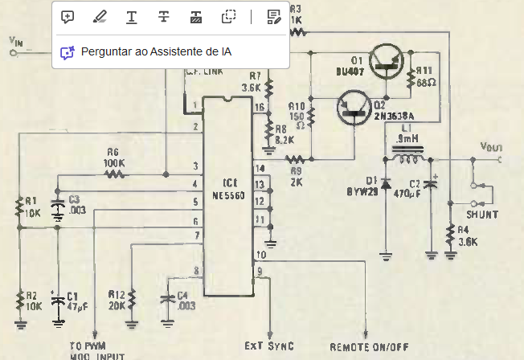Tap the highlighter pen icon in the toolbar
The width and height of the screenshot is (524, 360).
point(99,16)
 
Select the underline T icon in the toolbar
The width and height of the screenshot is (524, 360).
point(131,16)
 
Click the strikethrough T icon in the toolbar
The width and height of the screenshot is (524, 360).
point(163,16)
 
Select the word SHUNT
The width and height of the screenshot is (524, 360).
point(481,215)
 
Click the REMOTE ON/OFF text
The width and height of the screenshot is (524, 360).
point(368,347)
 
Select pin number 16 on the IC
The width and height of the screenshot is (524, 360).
point(260,107)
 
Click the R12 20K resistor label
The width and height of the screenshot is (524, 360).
point(117,299)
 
